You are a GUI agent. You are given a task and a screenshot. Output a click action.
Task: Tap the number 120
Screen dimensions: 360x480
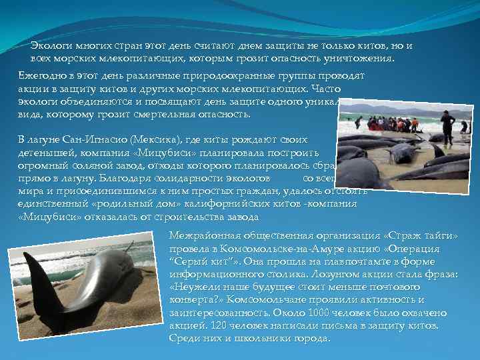[x=214, y=325]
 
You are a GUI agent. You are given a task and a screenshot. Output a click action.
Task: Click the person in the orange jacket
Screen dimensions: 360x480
[x=415, y=123]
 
